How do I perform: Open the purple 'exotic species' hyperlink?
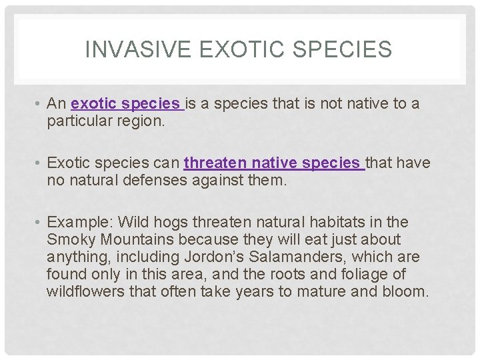click(x=126, y=104)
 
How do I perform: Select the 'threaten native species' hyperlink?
click(x=273, y=163)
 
